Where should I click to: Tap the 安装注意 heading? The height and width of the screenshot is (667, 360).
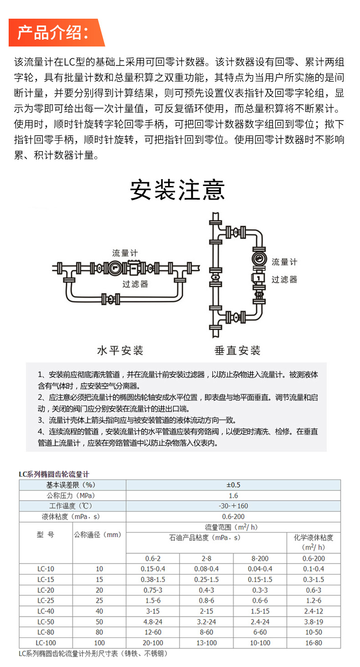tap(177, 190)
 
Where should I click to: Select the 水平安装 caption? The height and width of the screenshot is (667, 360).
tap(121, 350)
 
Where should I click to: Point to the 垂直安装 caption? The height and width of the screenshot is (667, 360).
tap(237, 350)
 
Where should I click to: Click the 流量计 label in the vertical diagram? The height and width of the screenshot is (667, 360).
tap(284, 262)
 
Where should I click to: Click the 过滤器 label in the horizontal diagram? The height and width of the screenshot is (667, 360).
tap(135, 284)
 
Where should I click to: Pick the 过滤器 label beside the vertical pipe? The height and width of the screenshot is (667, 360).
tap(284, 279)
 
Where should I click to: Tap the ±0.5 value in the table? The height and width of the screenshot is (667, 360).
tap(233, 485)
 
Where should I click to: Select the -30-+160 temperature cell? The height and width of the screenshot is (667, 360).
tap(233, 506)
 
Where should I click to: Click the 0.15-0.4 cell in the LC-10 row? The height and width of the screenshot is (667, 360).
tap(153, 569)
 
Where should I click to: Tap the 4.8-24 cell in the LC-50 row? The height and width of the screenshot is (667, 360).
tap(153, 621)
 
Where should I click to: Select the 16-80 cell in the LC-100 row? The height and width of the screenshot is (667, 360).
tap(314, 642)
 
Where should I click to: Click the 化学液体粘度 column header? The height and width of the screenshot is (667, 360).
tap(314, 542)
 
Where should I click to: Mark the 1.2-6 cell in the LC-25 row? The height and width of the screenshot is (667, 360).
tap(314, 600)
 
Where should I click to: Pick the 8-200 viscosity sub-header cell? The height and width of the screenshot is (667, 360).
tap(260, 558)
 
